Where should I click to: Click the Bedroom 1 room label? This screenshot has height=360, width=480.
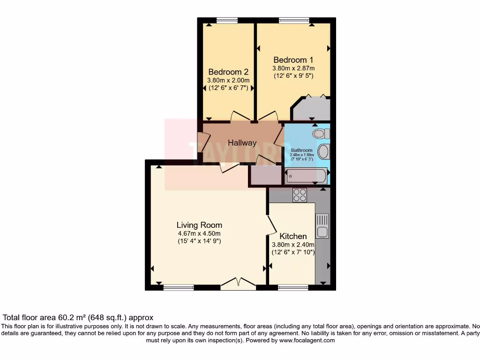[293, 60]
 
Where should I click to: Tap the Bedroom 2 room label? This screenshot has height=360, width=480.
[228, 72]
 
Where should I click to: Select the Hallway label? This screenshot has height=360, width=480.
[242, 143]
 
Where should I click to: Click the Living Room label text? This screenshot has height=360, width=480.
[199, 225]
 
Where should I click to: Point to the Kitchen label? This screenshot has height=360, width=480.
[293, 236]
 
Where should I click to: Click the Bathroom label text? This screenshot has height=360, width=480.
[301, 150]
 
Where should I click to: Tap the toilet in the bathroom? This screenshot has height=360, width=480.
[320, 134]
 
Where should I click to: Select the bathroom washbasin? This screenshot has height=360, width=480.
[323, 152]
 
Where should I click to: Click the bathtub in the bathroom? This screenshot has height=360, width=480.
[306, 176]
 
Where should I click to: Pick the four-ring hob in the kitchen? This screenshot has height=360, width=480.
[300, 195]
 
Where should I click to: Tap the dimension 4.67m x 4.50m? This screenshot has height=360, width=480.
[199, 233]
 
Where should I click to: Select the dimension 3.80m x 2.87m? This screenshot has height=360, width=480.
[293, 68]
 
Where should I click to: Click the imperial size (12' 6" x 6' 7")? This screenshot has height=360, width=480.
[228, 88]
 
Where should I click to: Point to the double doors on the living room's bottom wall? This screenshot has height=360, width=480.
[238, 283]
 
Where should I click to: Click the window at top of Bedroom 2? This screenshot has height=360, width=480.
[227, 20]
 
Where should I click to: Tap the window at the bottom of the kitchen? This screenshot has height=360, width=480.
[291, 287]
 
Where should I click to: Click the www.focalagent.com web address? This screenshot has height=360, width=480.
[307, 341]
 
